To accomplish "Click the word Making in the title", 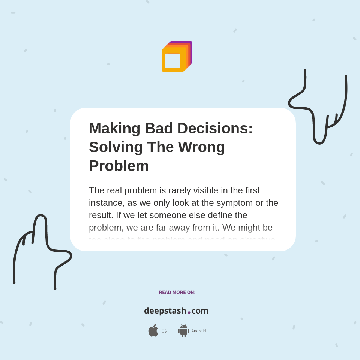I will click(114, 129).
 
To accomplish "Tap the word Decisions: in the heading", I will click(215, 129).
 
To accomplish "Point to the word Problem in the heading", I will click(119, 166).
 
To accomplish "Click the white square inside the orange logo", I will click(172, 61).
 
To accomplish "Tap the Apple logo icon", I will click(153, 331).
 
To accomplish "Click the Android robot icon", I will click(183, 331).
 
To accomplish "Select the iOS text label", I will click(163, 331).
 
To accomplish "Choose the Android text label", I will click(199, 331).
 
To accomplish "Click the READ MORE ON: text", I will click(177, 292).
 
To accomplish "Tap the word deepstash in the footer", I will click(165, 311).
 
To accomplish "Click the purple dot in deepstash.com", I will click(189, 312).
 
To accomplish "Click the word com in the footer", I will click(200, 311).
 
